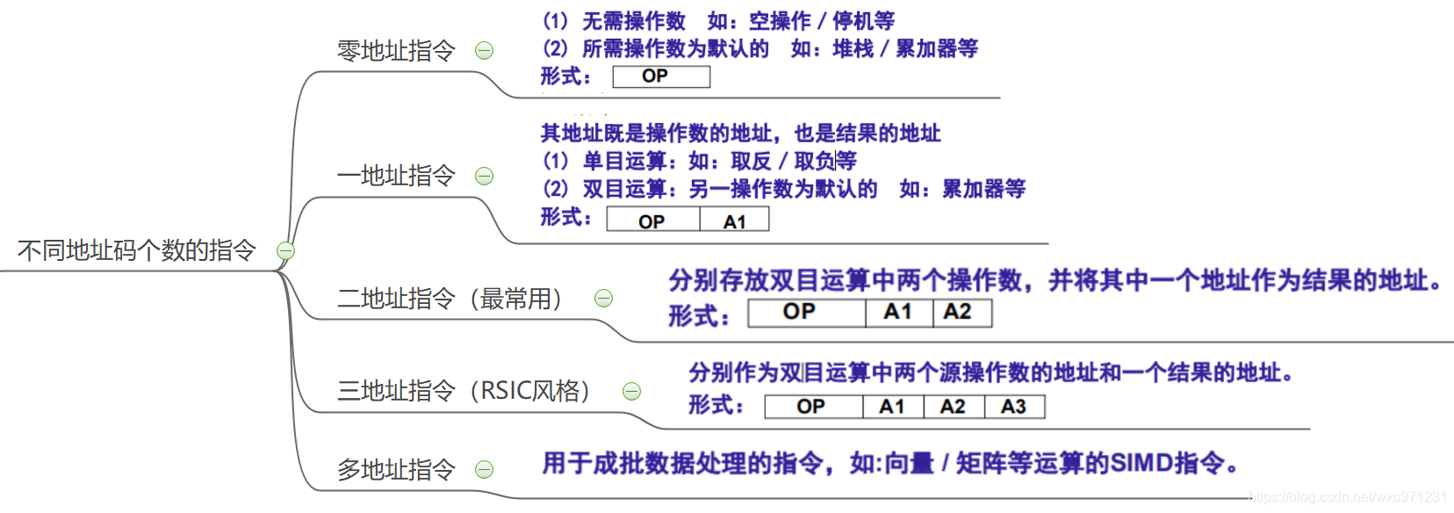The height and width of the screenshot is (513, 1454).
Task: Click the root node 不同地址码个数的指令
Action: pyautogui.click(x=136, y=251)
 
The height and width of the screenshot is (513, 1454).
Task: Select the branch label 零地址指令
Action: pyautogui.click(x=396, y=51)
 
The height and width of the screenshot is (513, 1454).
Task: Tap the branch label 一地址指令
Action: pyautogui.click(x=396, y=176)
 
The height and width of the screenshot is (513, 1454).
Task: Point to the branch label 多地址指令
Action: pyautogui.click(x=396, y=470)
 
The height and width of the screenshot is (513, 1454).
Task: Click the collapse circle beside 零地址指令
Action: pyautogui.click(x=484, y=51)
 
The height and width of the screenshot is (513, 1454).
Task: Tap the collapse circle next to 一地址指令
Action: pyautogui.click(x=484, y=176)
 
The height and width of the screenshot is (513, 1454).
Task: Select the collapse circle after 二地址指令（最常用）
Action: pyautogui.click(x=603, y=299)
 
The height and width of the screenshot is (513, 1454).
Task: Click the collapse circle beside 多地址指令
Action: pyautogui.click(x=484, y=470)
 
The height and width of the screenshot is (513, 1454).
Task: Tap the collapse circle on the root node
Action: pyautogui.click(x=285, y=251)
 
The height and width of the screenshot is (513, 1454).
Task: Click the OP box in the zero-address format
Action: pyautogui.click(x=660, y=76)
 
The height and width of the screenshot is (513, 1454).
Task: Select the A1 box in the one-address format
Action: pyautogui.click(x=734, y=220)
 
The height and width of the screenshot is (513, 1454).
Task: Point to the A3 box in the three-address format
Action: pyautogui.click(x=1014, y=407)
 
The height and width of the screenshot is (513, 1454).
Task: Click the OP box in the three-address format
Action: pyautogui.click(x=812, y=407)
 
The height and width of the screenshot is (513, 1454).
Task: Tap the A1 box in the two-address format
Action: pyautogui.click(x=898, y=313)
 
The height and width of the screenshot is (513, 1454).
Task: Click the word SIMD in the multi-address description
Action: pyautogui.click(x=1141, y=463)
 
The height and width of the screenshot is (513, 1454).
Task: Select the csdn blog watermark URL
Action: pyautogui.click(x=1347, y=497)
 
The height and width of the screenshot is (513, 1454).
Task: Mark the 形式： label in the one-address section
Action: pyautogui.click(x=566, y=217)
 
